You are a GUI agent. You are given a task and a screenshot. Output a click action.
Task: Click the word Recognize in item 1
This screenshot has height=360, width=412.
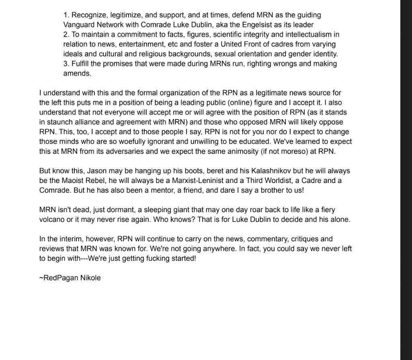(89, 15)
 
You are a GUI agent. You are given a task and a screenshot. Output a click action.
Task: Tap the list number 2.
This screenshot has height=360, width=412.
(66, 35)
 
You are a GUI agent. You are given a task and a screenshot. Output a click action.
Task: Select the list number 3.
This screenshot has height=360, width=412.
(66, 64)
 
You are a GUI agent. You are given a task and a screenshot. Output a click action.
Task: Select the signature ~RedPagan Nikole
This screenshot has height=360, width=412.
(70, 278)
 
